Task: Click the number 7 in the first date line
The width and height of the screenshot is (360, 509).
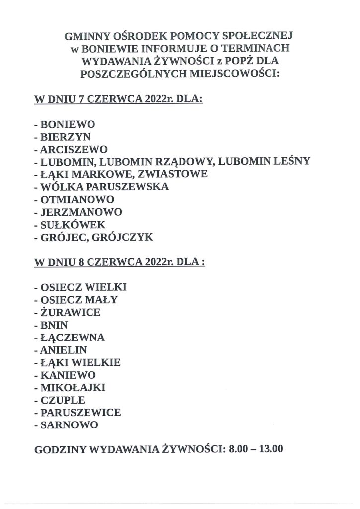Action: [x=82, y=99]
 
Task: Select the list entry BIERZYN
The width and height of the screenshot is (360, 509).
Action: [x=65, y=137]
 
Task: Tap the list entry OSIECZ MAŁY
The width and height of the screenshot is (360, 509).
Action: [x=80, y=300]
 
